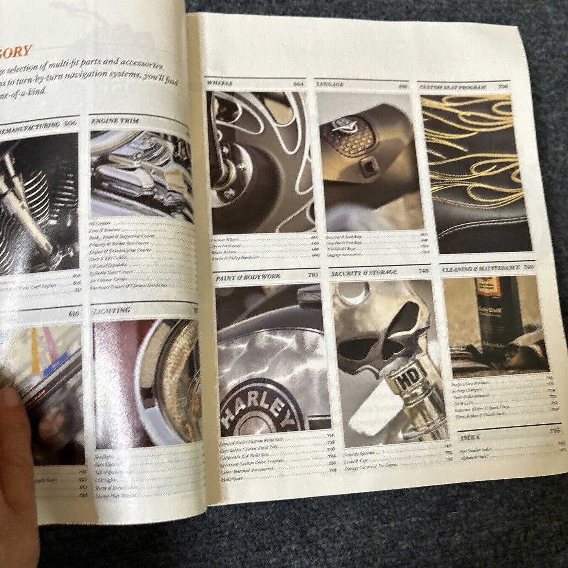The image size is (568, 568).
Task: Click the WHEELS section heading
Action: pyautogui.click(x=219, y=83)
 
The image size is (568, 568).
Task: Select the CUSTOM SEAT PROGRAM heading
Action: pyautogui.click(x=452, y=87)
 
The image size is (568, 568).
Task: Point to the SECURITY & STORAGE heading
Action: pyautogui.click(x=364, y=272)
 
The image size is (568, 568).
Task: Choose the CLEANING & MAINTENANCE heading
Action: pyautogui.click(x=481, y=268)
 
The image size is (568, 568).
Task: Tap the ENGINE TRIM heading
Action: pyautogui.click(x=115, y=121)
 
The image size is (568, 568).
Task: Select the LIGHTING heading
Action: pyautogui.click(x=112, y=311)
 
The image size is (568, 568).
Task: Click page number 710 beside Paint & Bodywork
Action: pyautogui.click(x=312, y=275)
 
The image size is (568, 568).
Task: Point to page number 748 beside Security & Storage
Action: pyautogui.click(x=424, y=270)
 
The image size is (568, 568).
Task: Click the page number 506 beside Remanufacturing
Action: pyautogui.click(x=71, y=123)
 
